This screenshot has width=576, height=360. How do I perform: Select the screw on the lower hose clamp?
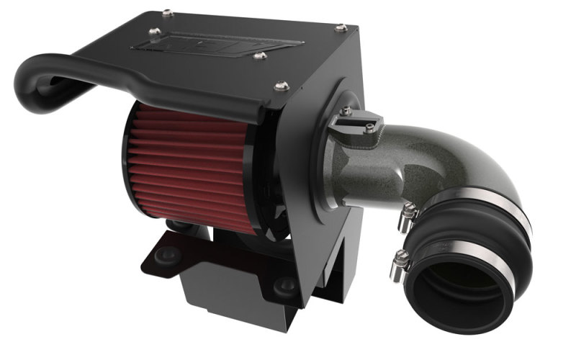tap(400, 261)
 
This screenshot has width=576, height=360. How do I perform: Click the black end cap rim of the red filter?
tap(128, 162)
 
